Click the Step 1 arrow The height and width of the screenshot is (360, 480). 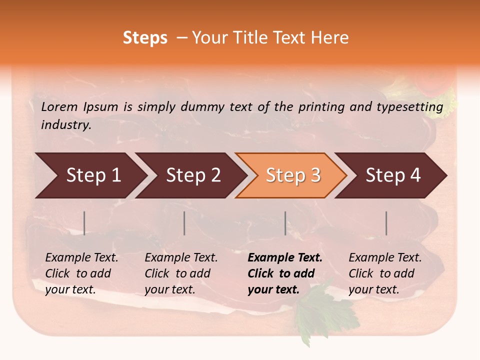pos(90,175)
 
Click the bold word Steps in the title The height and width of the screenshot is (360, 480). pos(145,38)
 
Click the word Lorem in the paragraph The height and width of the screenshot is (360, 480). pos(59,106)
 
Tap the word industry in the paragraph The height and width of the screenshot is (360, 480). pos(65,124)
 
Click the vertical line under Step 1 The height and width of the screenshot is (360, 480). pos(84,223)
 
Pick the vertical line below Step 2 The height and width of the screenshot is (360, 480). pos(184,223)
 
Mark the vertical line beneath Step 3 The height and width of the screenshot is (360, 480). pos(285,223)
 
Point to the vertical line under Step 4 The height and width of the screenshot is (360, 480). pos(386,223)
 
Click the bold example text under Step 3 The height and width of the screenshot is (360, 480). pos(284,273)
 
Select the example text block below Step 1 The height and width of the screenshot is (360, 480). pos(81,273)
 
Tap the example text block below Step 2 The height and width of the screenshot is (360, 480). pos(180,273)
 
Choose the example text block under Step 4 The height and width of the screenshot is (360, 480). pos(384,273)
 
